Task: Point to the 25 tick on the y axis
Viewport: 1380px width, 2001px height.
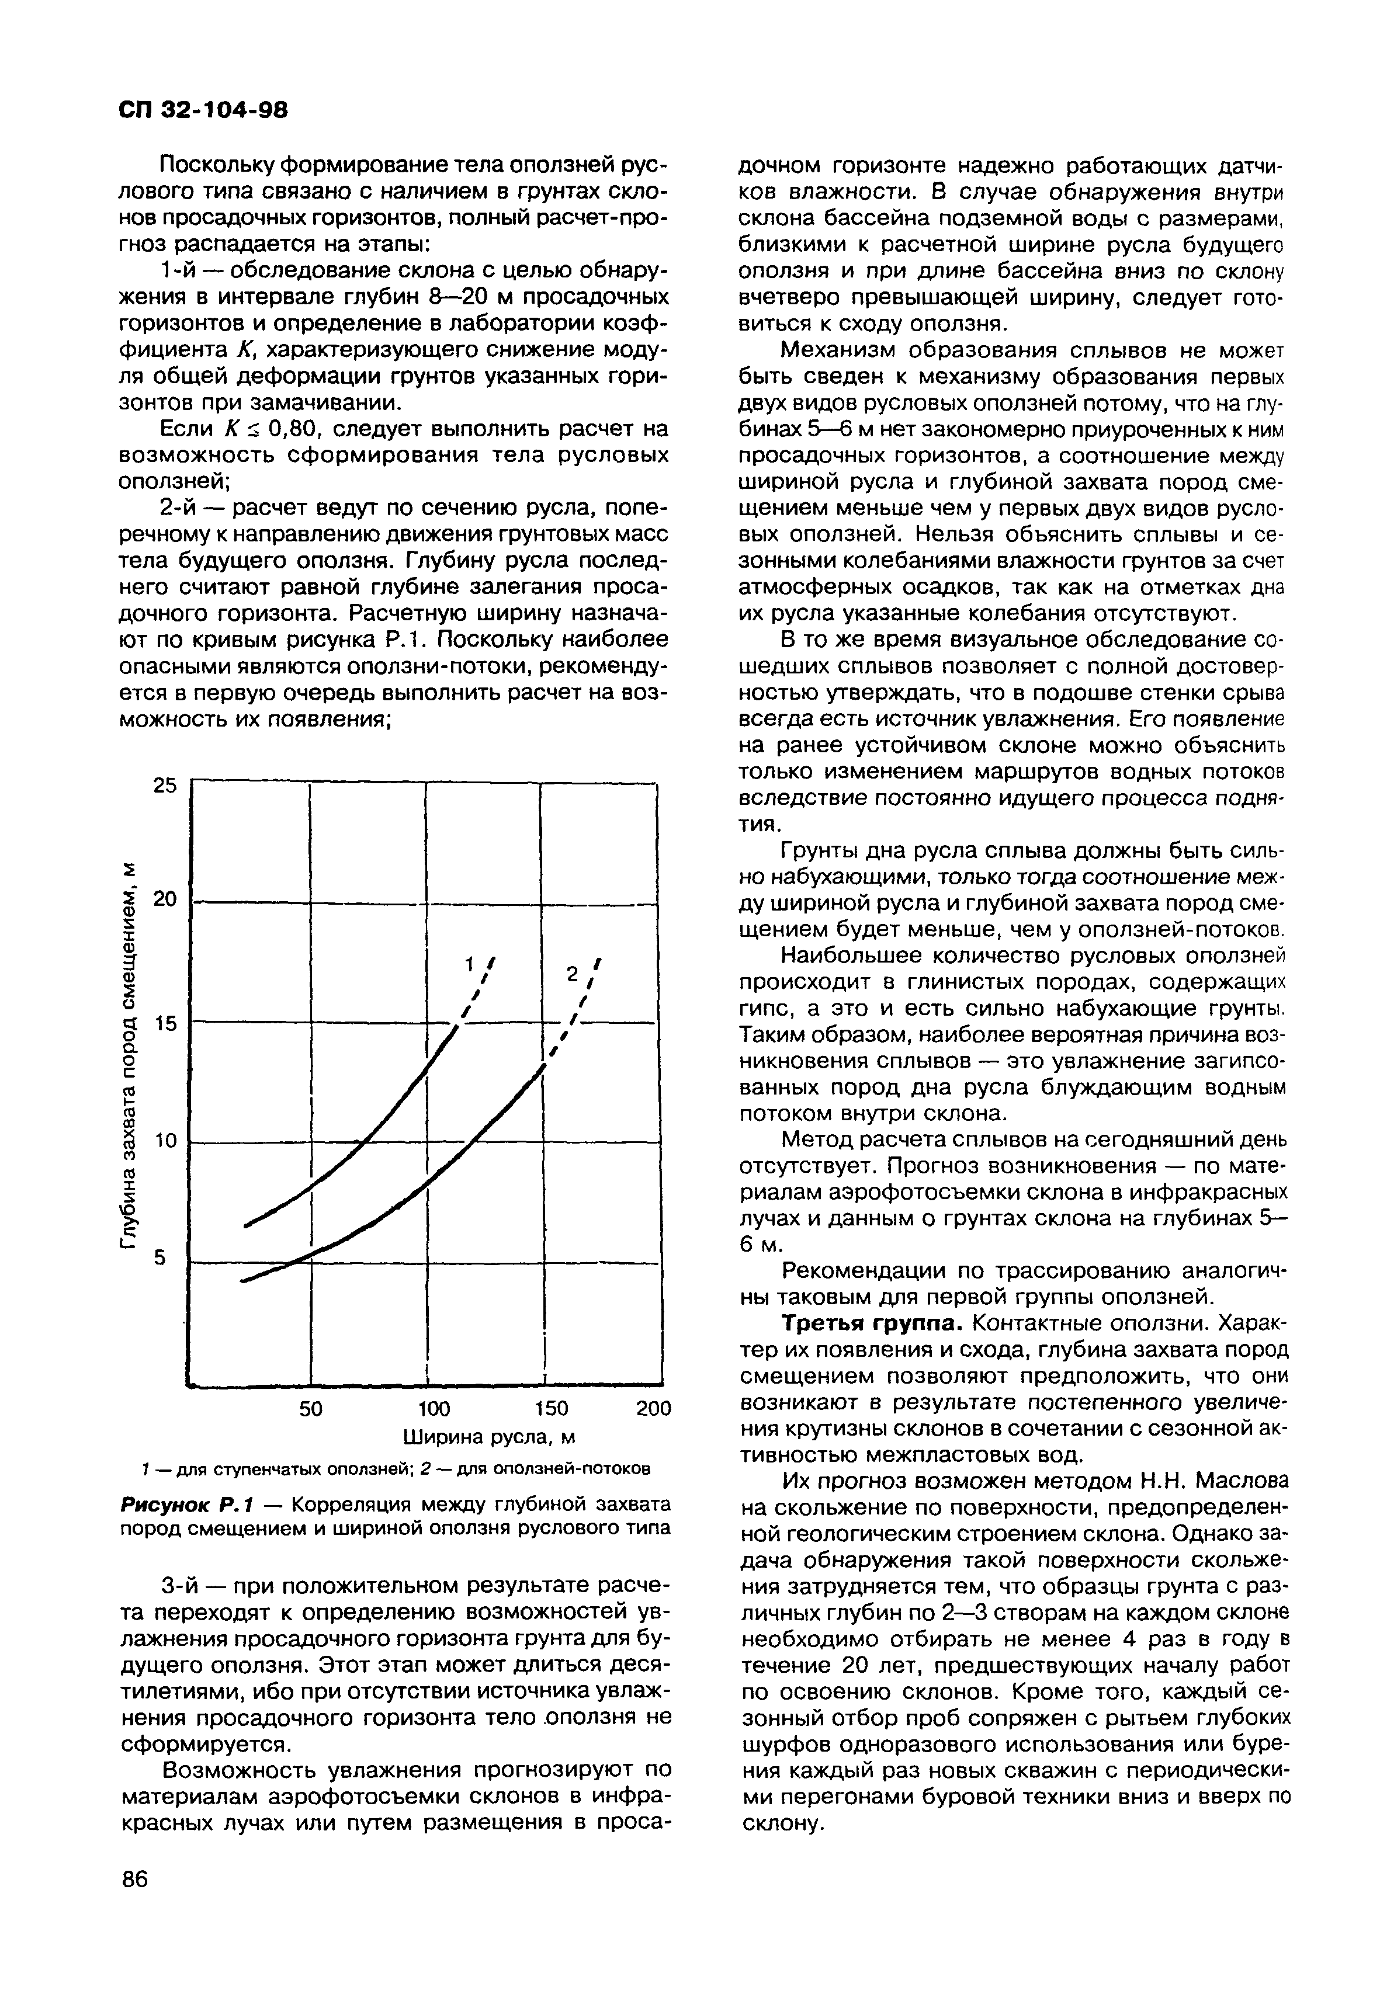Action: (164, 786)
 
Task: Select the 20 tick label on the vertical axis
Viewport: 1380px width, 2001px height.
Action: (164, 899)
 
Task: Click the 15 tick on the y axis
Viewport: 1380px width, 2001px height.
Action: (164, 1023)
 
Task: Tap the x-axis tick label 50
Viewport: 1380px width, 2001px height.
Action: (310, 1409)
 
